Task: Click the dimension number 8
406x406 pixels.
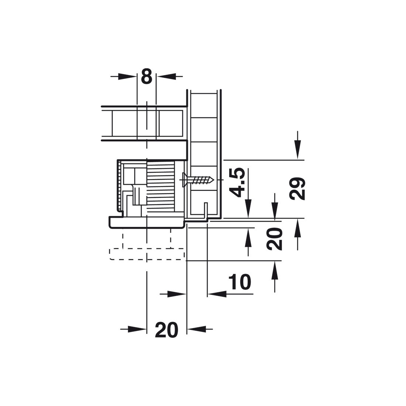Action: click(x=147, y=76)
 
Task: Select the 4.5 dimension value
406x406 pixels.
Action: click(x=237, y=182)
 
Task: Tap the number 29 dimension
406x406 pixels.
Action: click(x=297, y=189)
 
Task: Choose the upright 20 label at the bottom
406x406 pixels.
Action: click(x=166, y=330)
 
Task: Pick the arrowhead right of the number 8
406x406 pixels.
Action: click(x=166, y=76)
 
